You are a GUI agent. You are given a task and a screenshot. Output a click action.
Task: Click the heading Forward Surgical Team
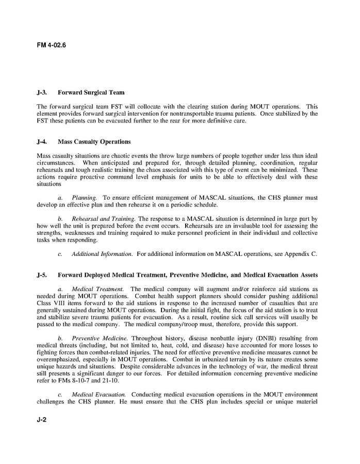point(91,93)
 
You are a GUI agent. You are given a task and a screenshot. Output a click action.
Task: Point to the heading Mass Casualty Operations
point(94,141)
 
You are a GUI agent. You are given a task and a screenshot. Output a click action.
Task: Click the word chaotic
point(117,155)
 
